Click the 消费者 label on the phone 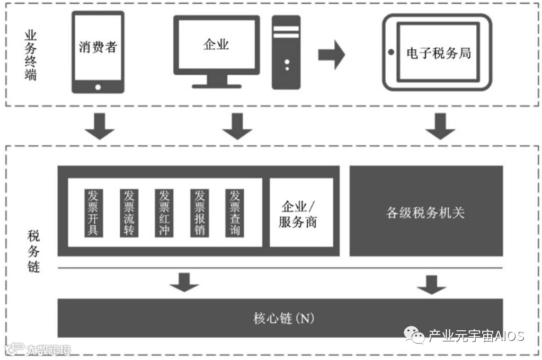point(97,47)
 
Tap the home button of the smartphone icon point(97,86)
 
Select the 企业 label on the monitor point(216,44)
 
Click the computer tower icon point(286,52)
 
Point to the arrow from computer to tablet point(331,54)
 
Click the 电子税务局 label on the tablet point(439,53)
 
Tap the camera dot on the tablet point(391,52)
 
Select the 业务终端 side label point(31,55)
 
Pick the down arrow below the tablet point(440,126)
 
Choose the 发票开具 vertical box point(93,212)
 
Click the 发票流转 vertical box point(128,212)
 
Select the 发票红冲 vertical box point(163,212)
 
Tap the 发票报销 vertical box point(199,212)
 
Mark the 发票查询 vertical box point(234,212)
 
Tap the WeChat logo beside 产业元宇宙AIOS point(414,335)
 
